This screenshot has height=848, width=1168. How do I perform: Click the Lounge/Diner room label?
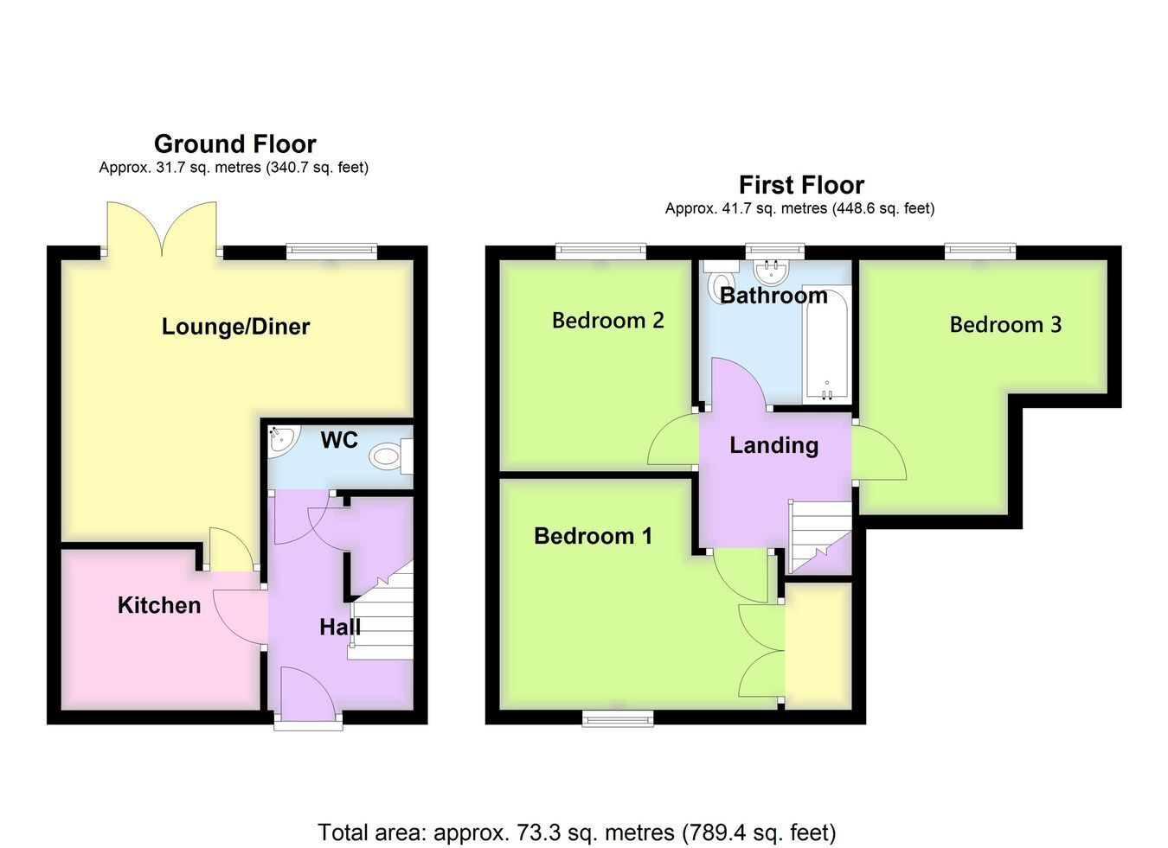point(235,327)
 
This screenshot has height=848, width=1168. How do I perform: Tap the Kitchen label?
point(159,605)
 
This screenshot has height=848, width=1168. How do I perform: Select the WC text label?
point(339,440)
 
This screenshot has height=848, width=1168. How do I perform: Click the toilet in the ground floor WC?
point(391,456)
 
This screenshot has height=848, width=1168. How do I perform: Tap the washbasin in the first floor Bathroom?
point(773,270)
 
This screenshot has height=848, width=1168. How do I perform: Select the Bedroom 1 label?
point(593,536)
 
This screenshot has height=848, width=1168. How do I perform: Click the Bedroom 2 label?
point(608,321)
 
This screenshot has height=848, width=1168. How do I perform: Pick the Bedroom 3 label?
point(1005,324)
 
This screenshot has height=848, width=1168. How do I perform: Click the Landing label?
point(773,446)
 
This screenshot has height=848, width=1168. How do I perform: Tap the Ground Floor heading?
point(235,144)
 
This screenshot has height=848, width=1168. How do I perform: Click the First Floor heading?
point(801,186)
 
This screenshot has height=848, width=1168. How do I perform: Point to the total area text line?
point(577,832)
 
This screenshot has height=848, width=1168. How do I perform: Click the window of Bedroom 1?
point(618,719)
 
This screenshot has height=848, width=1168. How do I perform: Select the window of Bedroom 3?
point(981,252)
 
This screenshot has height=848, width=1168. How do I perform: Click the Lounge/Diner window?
point(332,252)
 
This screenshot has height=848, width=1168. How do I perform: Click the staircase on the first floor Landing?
point(819,537)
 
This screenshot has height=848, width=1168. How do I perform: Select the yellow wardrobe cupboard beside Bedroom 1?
point(818,646)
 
